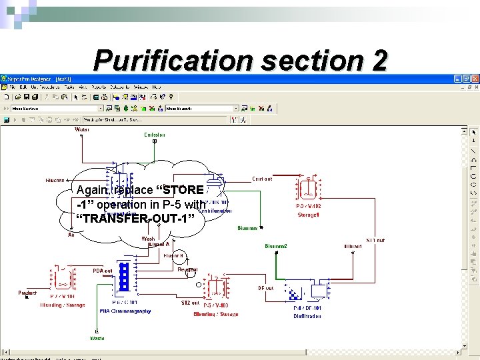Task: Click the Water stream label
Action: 81,129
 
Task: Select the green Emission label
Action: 155,135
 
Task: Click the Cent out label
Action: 262,179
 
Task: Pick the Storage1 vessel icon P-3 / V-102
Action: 309,189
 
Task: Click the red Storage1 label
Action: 308,215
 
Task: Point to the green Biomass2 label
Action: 276,246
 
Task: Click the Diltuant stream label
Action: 353,246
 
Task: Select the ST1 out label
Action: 375,240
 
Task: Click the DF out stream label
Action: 265,288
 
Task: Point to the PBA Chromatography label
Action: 125,311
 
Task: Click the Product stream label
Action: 27,293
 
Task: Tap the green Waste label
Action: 97,338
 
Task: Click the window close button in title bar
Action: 475,79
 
